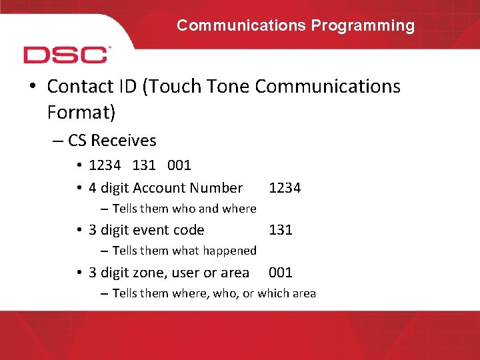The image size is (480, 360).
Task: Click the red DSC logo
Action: point(67,55)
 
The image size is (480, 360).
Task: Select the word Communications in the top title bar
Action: point(241,26)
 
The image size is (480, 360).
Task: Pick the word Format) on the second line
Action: point(81,113)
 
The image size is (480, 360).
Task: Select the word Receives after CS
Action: point(123,141)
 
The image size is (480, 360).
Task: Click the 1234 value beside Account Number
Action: point(285,188)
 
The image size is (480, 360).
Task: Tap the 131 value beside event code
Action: point(281,230)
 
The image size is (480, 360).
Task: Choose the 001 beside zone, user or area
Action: point(281,273)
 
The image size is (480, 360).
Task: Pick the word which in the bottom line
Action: point(273,293)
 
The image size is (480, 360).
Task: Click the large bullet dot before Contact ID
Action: point(33,87)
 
